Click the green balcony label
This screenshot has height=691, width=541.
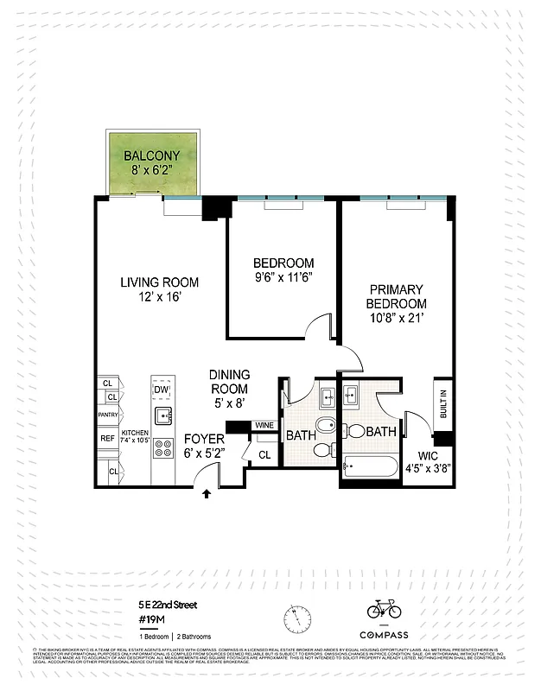click(151, 156)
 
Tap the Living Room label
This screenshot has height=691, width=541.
click(159, 282)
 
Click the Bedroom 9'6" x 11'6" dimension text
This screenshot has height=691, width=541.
click(283, 278)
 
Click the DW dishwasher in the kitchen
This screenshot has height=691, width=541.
click(162, 390)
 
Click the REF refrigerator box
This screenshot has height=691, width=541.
click(108, 439)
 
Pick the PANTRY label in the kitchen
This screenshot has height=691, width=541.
click(108, 415)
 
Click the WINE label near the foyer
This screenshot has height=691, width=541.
click(264, 426)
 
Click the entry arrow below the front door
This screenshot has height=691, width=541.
click(206, 494)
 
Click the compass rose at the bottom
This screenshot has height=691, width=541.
click(298, 618)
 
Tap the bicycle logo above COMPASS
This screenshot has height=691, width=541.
click(384, 610)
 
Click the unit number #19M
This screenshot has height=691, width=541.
click(153, 619)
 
